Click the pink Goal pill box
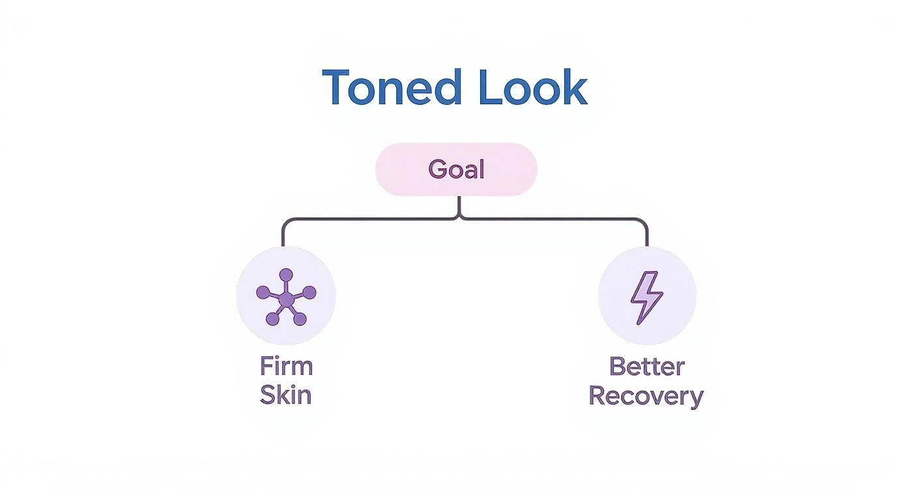point(456,169)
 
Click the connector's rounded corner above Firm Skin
point(285,222)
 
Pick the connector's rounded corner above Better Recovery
point(644,222)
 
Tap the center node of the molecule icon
point(285,298)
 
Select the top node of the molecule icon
point(286,275)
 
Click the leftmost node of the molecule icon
point(263,293)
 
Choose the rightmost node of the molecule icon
point(310,293)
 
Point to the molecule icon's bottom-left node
point(272,319)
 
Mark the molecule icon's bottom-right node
point(300,319)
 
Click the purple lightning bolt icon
point(646,297)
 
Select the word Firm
point(286,366)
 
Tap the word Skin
point(285,396)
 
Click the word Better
point(646,366)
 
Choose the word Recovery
point(646,396)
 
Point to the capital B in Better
point(616,366)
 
